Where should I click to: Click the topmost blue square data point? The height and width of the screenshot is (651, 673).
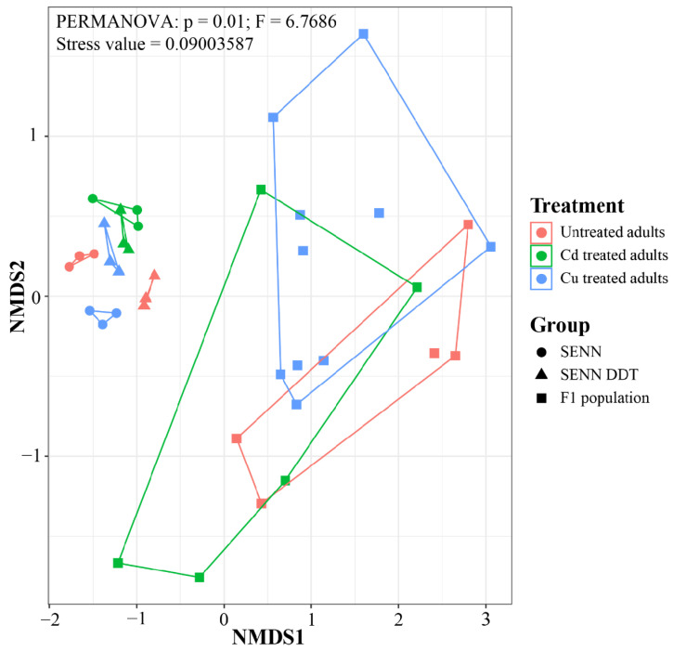tap(364, 34)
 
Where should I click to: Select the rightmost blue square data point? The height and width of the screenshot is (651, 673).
tap(490, 246)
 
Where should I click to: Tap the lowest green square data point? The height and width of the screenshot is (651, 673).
tap(200, 577)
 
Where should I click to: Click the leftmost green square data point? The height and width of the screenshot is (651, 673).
tap(118, 563)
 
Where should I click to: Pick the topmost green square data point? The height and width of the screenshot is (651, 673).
tap(261, 189)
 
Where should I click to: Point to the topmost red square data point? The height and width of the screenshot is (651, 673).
tap(468, 225)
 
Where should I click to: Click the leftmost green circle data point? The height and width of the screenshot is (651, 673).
tap(93, 199)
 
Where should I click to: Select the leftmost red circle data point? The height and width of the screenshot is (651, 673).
tap(69, 267)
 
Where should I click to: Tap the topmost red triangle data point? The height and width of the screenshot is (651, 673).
tap(154, 275)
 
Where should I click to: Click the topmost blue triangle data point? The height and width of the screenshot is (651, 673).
tap(104, 222)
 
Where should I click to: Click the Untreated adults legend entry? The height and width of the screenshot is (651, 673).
tap(598, 232)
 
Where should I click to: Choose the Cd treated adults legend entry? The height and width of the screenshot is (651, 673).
tap(599, 255)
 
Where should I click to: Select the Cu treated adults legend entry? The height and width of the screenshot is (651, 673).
tap(599, 279)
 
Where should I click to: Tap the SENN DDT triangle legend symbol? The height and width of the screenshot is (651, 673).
tap(541, 374)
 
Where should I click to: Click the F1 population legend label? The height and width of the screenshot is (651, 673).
tap(604, 398)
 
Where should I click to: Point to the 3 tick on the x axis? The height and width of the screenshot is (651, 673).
tap(485, 619)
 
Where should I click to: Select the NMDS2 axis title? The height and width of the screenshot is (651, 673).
tap(18, 296)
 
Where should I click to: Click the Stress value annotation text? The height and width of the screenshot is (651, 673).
tap(155, 45)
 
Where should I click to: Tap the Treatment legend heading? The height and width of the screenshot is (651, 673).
tap(576, 205)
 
